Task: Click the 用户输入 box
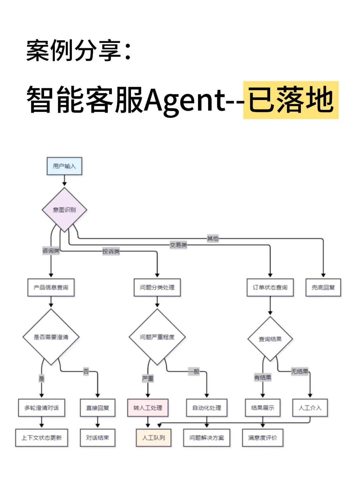click(64, 166)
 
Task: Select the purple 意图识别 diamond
click(64, 210)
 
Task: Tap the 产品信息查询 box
click(51, 287)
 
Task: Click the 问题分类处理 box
click(157, 287)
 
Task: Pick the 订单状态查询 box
click(270, 287)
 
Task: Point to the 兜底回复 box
click(323, 287)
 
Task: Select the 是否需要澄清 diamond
click(51, 337)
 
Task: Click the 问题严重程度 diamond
click(157, 337)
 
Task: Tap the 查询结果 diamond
click(270, 339)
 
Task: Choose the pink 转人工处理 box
click(148, 408)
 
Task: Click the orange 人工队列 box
click(154, 438)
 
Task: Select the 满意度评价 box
click(263, 438)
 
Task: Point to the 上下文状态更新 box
click(42, 438)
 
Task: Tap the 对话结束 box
click(98, 438)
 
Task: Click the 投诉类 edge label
click(111, 251)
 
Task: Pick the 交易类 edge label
click(178, 245)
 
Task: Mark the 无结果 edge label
click(300, 371)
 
